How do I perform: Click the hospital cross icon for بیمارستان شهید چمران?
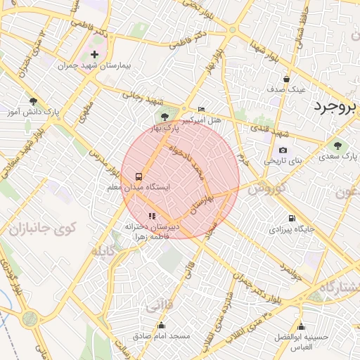[x=95, y=54]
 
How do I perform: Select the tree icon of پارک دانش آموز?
[x=33, y=101]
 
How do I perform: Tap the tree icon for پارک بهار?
[x=165, y=117]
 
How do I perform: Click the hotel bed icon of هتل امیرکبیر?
[x=202, y=110]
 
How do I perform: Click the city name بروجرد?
[x=335, y=106]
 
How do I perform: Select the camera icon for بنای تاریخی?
[x=283, y=150]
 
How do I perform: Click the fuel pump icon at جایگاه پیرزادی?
[x=291, y=219]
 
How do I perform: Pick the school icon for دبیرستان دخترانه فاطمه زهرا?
[x=152, y=216]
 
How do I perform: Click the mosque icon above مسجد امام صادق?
[x=162, y=325]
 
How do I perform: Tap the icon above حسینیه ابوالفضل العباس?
[x=302, y=326]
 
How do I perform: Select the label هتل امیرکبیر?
[x=202, y=120]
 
